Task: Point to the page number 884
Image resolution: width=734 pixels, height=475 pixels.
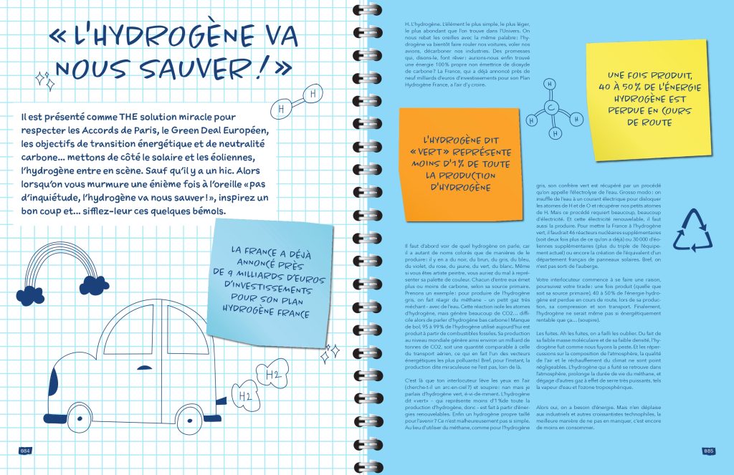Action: (24, 450)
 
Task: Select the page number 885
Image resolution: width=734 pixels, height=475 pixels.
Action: (708, 450)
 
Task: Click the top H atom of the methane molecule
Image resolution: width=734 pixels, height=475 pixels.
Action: (549, 83)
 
